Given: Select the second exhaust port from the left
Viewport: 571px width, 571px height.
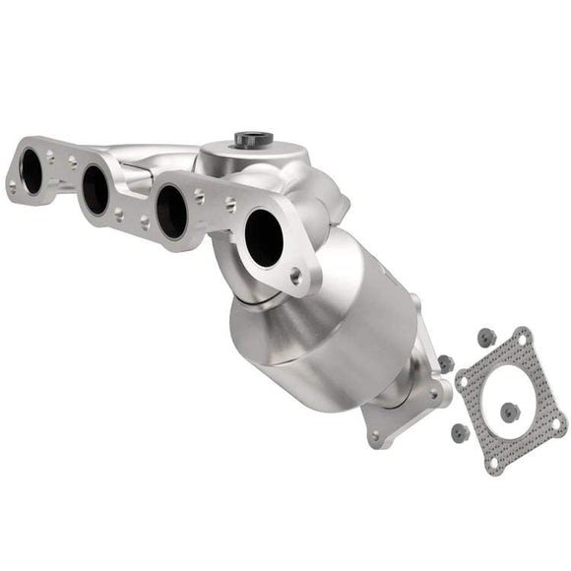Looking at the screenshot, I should [95, 190].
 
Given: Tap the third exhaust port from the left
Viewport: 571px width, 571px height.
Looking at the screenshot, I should [171, 210].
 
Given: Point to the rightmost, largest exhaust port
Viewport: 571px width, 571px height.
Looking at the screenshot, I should [264, 237].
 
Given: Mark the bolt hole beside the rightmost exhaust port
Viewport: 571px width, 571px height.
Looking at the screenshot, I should [295, 277].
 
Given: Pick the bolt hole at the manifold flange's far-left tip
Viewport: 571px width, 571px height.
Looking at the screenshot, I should [12, 184].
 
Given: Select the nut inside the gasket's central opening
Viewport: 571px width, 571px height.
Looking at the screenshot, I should [509, 412].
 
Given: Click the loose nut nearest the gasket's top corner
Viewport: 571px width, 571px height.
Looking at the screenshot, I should [485, 338].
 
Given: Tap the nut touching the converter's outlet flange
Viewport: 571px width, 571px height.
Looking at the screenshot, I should [445, 363].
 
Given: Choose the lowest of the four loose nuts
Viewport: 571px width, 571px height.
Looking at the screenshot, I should [459, 431].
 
